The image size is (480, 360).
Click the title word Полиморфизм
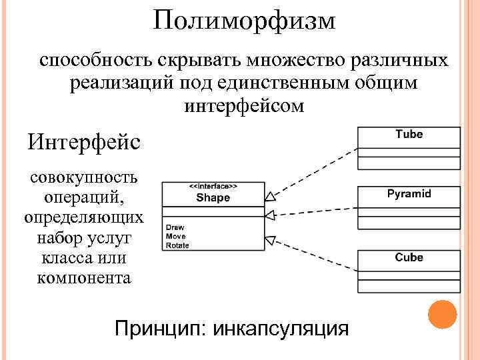point(244,21)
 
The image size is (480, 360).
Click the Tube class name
point(409,134)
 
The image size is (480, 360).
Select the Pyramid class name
point(409,194)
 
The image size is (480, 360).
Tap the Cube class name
point(409,257)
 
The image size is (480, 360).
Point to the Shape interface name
point(213,197)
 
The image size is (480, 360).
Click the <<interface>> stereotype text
point(213,187)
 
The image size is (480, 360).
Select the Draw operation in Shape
point(175,227)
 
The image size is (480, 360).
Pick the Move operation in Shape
point(176,236)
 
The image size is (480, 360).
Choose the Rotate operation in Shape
point(178,245)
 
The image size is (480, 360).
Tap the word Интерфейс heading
point(83,142)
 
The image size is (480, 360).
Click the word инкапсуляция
point(287,329)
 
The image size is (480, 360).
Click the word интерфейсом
point(243,105)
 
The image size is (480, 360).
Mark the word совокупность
point(83,178)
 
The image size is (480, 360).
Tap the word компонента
point(83,277)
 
